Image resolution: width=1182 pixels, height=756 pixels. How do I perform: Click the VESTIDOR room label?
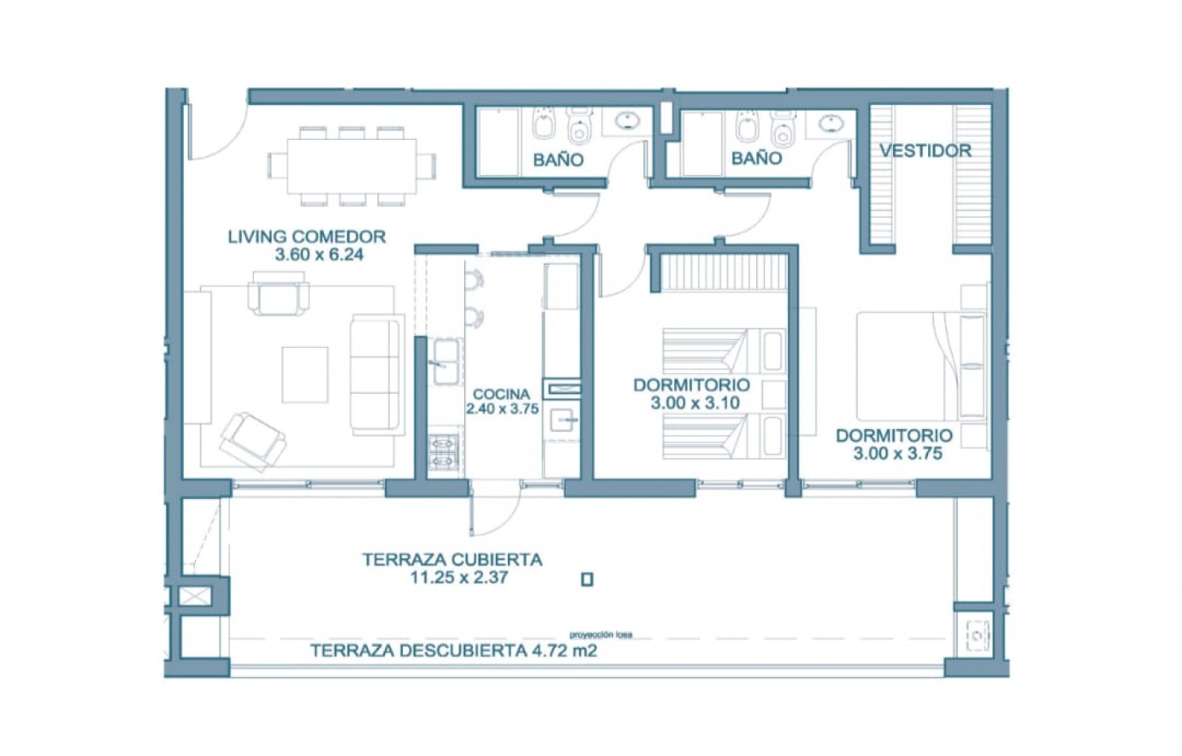coord(926,151)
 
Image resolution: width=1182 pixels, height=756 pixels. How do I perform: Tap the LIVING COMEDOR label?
coord(306,236)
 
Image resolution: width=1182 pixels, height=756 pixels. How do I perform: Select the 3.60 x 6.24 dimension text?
coord(319,255)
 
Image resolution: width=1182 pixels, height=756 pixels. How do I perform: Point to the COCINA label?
coord(501,394)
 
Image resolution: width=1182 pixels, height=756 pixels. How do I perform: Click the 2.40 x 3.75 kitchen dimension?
coord(502,409)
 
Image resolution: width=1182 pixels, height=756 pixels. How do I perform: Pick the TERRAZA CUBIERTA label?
coord(452,559)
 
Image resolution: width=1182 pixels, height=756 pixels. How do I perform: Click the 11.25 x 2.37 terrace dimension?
coord(459,577)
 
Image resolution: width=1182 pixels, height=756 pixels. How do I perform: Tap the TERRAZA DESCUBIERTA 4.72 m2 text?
coord(453,651)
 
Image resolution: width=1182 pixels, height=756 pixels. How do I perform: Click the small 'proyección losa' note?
coord(600,635)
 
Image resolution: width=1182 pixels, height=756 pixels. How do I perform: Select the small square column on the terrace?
coord(587,580)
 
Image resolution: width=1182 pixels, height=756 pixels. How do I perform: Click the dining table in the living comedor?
coord(352,166)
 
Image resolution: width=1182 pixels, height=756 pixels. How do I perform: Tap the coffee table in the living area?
coord(305,375)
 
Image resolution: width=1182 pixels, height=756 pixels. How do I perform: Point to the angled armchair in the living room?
coord(253,441)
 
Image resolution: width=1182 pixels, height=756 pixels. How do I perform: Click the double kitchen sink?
coord(446,361)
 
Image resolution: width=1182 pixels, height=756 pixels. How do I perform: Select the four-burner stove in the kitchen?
coord(443,451)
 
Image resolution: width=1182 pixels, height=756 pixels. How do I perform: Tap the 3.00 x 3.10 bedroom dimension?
coord(694,403)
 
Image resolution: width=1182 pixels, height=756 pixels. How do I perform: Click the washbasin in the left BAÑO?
coord(627,121)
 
